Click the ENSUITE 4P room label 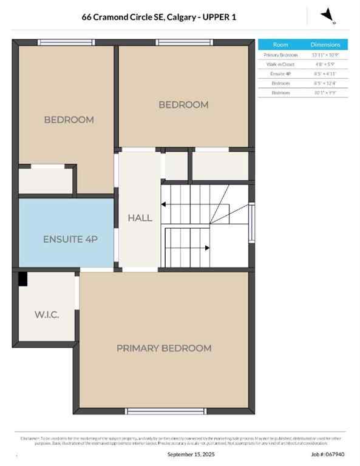pos(70,239)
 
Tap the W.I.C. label pos(46,315)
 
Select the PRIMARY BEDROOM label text pos(164,348)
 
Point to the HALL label pos(140,218)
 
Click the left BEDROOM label pos(69,120)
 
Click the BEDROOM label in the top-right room pos(183,104)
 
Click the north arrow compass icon pos(328,15)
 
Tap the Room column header pos(280,45)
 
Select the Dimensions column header pos(325,45)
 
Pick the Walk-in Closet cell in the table pos(280,64)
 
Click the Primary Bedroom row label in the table pos(280,55)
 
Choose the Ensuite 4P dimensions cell pos(325,73)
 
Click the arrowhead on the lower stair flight pos(208,248)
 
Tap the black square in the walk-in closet pos(22,279)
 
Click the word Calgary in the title pos(182,18)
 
